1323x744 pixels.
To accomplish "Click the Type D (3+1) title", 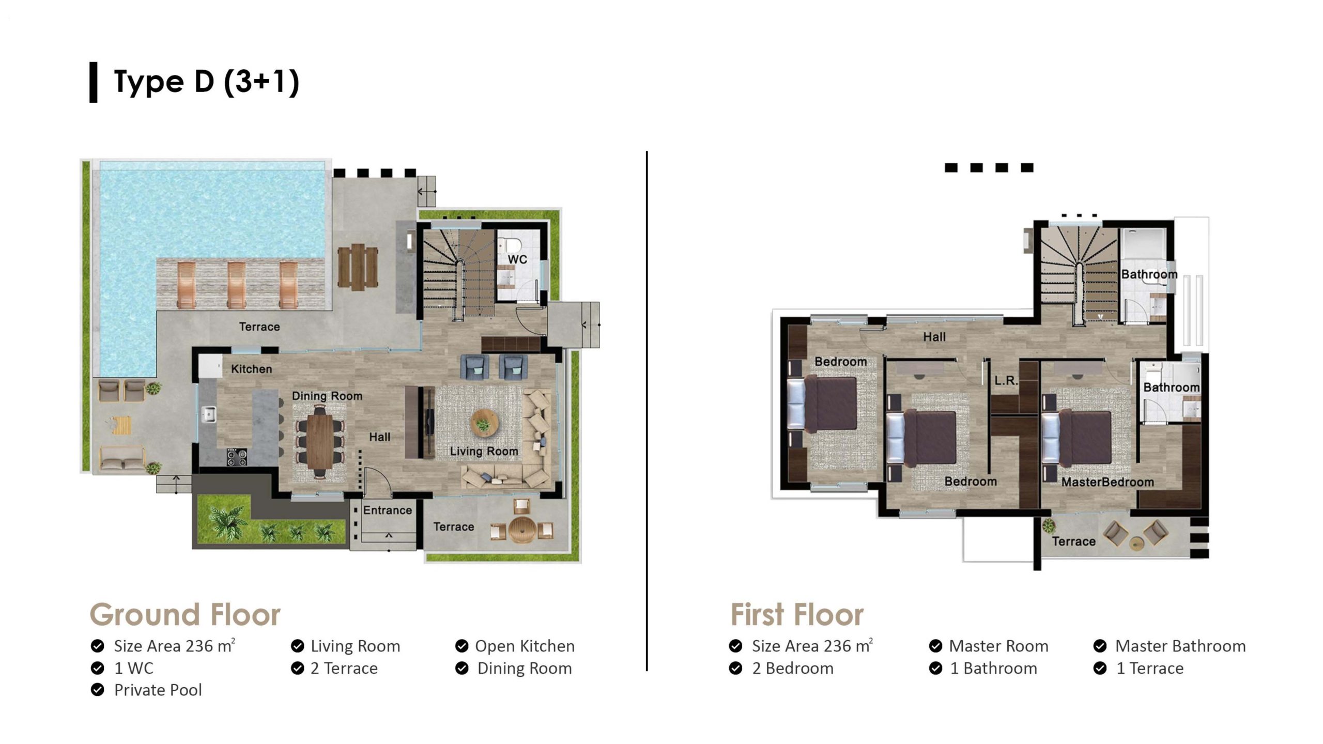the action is (206, 82).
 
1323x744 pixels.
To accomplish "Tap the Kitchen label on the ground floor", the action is (251, 369).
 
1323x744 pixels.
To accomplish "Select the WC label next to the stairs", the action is (517, 259).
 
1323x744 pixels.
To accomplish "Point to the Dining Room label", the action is (327, 396).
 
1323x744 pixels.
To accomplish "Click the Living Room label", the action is (484, 451).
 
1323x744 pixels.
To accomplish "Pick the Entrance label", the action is (387, 510).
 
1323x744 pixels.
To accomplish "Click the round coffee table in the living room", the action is (484, 424).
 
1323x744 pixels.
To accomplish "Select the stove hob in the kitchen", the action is (237, 457).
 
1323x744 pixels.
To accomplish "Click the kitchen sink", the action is (209, 414).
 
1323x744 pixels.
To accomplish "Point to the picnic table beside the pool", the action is (358, 266).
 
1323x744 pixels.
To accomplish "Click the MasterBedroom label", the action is (1107, 482).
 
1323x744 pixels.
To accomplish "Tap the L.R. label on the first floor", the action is (1006, 381).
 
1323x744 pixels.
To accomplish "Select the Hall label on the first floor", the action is (934, 337).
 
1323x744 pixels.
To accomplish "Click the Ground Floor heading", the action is (185, 615).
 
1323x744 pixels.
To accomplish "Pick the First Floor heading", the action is (797, 615).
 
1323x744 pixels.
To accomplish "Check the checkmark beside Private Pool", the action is (97, 690).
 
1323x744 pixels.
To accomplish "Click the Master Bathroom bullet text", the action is (1180, 646).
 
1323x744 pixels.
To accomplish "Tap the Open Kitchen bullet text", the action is (525, 646).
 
